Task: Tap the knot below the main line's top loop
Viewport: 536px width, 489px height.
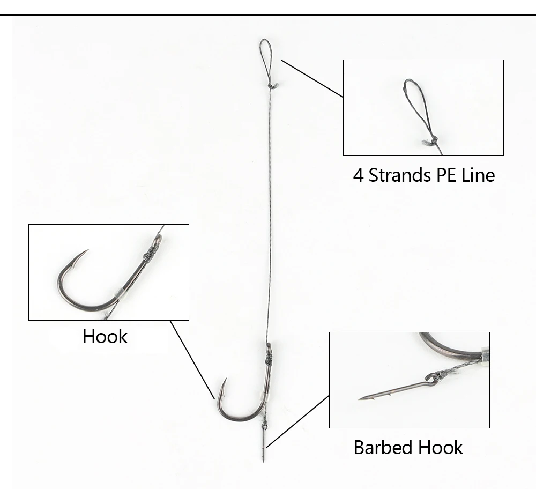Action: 272,85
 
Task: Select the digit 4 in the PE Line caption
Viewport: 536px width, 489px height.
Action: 358,175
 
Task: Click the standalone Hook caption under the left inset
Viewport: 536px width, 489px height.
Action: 105,337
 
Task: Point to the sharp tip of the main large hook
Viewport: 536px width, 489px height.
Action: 225,380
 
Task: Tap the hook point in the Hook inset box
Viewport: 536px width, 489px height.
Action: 86,251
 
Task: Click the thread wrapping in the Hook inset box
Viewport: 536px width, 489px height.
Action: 151,250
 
